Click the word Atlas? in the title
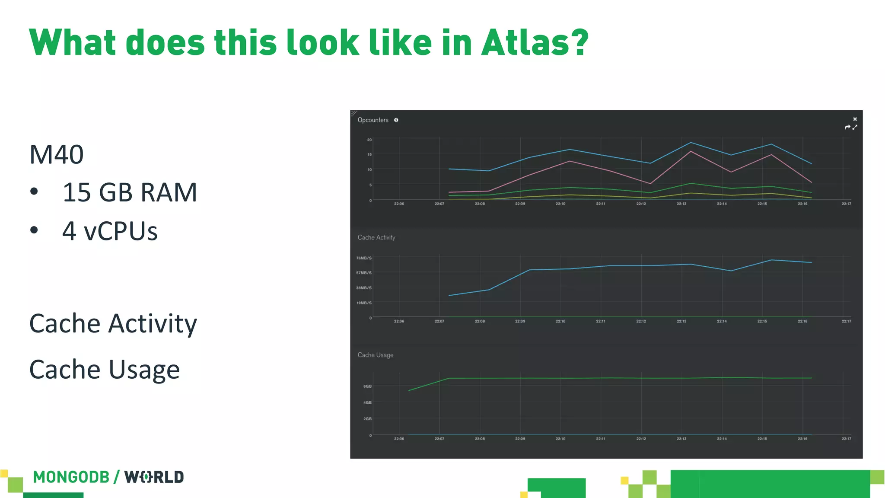(534, 42)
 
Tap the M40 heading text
(57, 154)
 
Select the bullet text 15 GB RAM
(130, 192)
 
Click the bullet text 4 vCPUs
(110, 231)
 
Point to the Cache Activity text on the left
(113, 323)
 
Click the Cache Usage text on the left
(104, 370)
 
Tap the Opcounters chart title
(372, 120)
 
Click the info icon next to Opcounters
(396, 120)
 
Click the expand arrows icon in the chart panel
(855, 127)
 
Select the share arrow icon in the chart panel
(847, 127)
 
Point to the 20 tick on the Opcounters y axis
(369, 140)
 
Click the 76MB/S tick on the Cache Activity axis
(363, 258)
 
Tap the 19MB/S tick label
(363, 303)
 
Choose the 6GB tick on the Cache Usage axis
(367, 386)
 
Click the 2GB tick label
(367, 419)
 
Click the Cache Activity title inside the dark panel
(376, 237)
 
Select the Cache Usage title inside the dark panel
(375, 355)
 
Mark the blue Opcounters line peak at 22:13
(691, 142)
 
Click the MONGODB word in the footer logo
(71, 477)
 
